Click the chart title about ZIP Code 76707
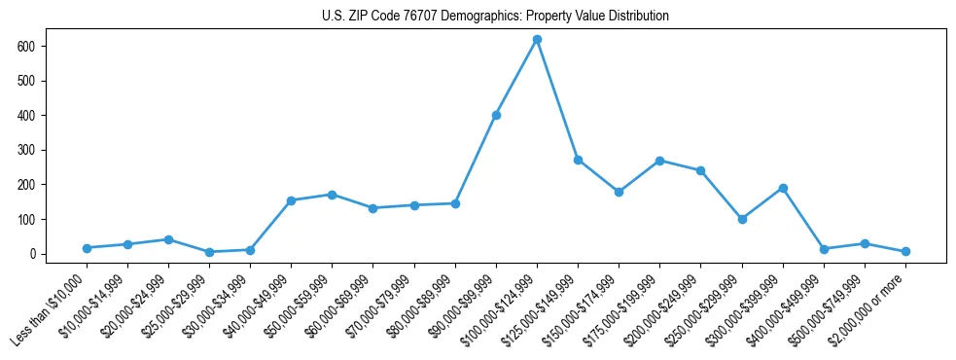[x=495, y=17]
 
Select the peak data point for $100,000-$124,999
[x=537, y=39]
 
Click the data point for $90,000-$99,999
[x=496, y=115]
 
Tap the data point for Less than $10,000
[x=87, y=248]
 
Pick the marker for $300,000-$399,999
[x=783, y=188]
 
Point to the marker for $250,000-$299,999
[x=742, y=219]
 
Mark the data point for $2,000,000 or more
[x=905, y=251]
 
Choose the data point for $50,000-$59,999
[x=333, y=195]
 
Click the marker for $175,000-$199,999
[x=660, y=161]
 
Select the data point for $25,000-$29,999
[x=209, y=252]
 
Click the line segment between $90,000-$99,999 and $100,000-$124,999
[x=516, y=77]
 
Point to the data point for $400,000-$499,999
[x=824, y=249]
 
